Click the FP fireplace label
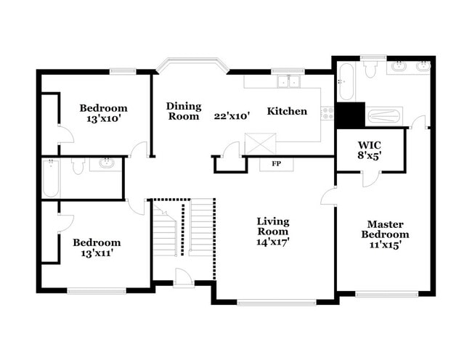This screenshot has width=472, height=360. (276, 164)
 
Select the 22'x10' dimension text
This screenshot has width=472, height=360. (232, 115)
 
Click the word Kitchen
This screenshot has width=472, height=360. (287, 111)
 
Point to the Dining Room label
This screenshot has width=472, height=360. (184, 111)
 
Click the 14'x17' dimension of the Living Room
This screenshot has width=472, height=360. (272, 242)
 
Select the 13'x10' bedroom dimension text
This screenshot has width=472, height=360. (104, 118)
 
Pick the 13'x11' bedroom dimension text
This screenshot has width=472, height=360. (97, 253)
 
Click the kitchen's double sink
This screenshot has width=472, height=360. (293, 81)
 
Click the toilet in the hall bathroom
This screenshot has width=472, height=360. (78, 166)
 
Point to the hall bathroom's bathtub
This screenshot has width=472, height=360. (51, 178)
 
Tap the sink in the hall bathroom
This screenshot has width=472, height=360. (106, 163)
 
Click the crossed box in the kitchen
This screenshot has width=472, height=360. (261, 143)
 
